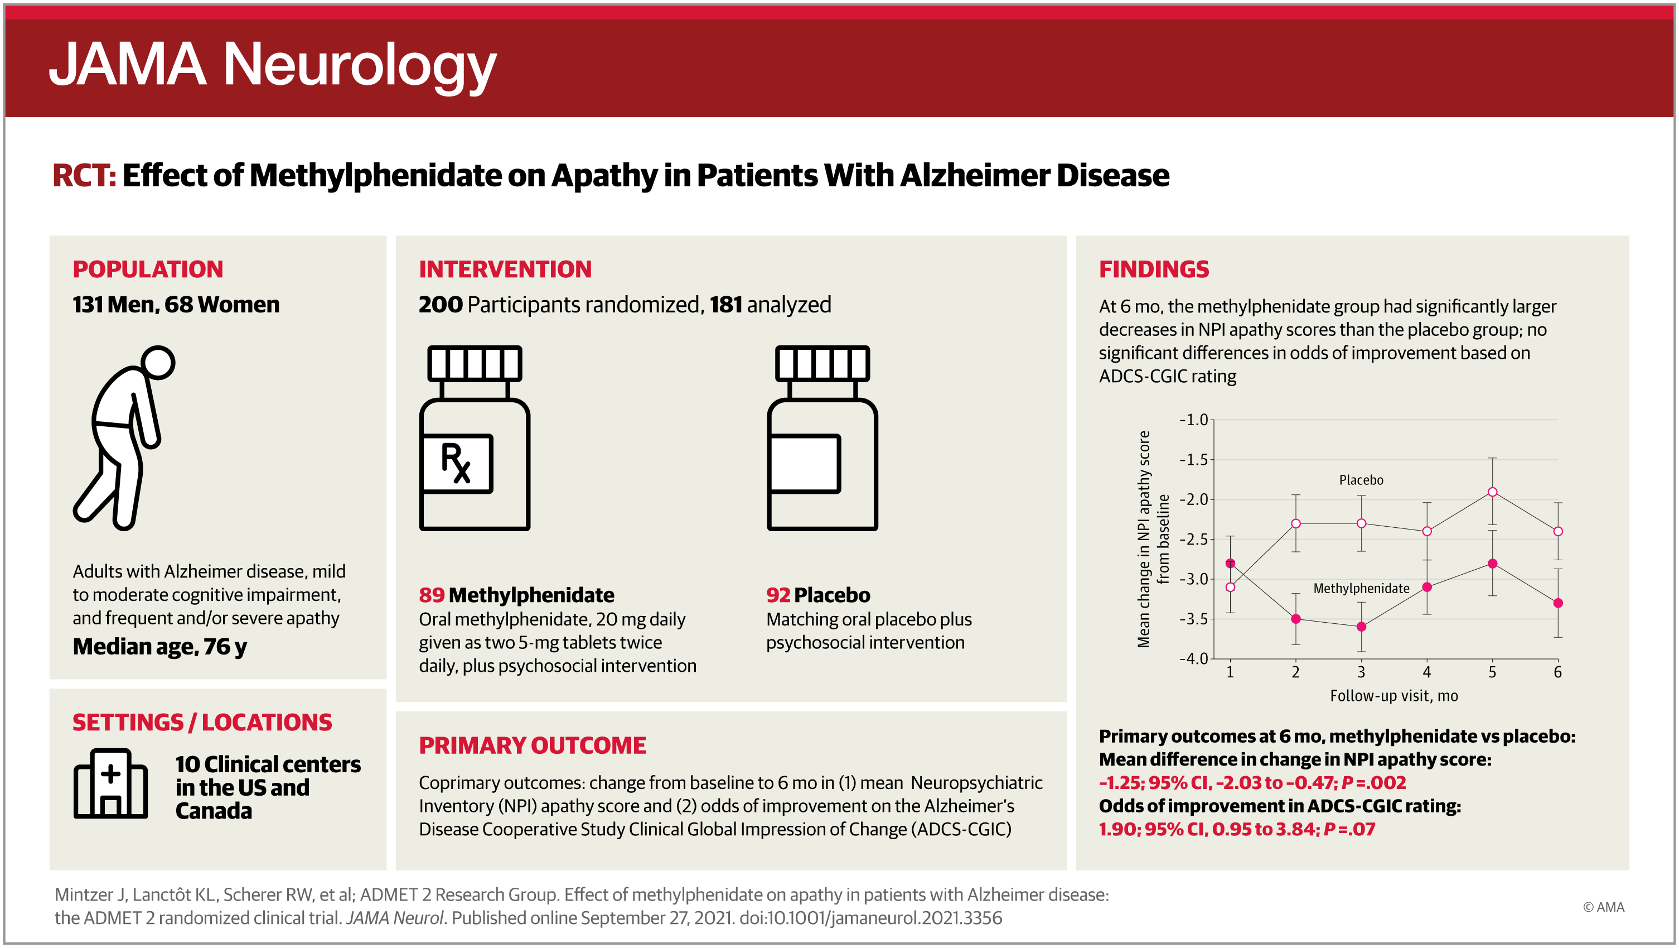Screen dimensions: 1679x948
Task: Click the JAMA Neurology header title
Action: click(273, 65)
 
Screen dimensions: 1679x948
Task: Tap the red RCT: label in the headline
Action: click(84, 175)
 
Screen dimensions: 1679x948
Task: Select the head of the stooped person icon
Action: click(158, 363)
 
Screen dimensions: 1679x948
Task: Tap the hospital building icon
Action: click(110, 783)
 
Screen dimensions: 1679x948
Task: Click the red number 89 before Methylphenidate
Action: click(432, 595)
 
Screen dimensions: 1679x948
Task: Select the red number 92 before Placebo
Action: click(778, 595)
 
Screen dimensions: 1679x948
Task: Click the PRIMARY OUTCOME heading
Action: click(533, 745)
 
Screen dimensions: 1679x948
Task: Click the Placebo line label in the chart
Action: click(1361, 480)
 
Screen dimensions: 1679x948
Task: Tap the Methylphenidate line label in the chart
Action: click(1361, 588)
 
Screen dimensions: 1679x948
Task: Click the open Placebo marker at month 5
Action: click(1493, 492)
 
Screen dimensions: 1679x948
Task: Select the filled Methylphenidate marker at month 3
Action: click(1361, 627)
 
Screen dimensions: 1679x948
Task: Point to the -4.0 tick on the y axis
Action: click(1194, 658)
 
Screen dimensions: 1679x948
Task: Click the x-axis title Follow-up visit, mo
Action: click(1393, 696)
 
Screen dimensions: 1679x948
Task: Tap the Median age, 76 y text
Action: click(159, 646)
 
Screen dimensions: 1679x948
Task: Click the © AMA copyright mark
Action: click(1603, 907)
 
